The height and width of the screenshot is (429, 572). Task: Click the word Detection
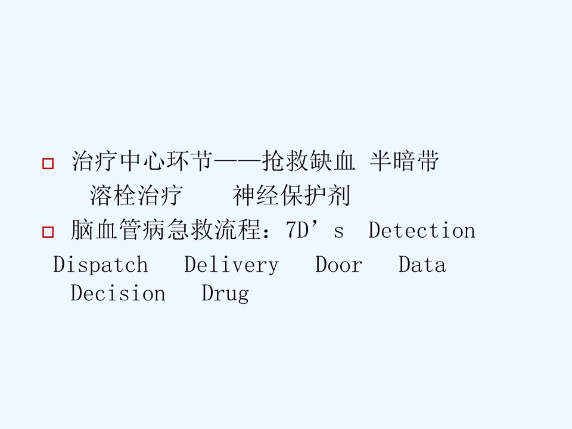click(422, 231)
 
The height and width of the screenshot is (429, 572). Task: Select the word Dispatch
click(101, 264)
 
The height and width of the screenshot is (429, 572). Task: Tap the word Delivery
click(231, 265)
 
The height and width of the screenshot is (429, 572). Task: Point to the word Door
click(338, 265)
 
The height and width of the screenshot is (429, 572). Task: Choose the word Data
click(422, 265)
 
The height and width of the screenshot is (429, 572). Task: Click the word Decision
click(118, 293)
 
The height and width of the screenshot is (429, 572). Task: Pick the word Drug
click(225, 294)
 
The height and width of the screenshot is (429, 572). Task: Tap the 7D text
click(297, 231)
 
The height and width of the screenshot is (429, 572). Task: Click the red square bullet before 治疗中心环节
click(48, 163)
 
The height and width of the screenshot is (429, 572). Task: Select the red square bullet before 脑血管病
click(48, 232)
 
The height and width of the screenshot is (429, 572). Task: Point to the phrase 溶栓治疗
click(136, 195)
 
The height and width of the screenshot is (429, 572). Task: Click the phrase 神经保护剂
click(291, 195)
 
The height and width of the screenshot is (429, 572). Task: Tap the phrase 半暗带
click(404, 161)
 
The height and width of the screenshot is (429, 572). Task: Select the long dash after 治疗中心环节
click(238, 160)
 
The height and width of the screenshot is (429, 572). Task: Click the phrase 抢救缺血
click(309, 161)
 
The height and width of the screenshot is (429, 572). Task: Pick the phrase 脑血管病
click(118, 230)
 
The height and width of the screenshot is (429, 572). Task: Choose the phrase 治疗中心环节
click(142, 161)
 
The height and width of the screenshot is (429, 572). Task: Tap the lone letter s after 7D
click(338, 232)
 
